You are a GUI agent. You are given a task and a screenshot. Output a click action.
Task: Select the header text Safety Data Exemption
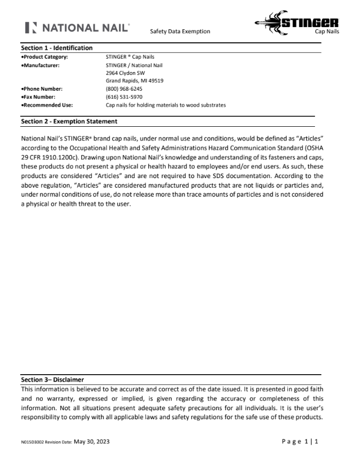[x=180, y=32]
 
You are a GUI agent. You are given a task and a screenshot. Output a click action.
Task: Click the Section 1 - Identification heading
[x=56, y=48]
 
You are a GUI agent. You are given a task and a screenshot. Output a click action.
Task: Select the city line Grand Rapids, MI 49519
[x=135, y=81]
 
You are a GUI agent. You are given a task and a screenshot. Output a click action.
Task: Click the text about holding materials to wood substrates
[x=166, y=105]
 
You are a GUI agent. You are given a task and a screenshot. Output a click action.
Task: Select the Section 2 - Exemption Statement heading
[x=69, y=121]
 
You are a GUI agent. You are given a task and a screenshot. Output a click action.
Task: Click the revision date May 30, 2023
[x=92, y=441]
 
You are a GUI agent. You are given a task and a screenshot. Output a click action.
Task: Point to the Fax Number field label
[x=38, y=96]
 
